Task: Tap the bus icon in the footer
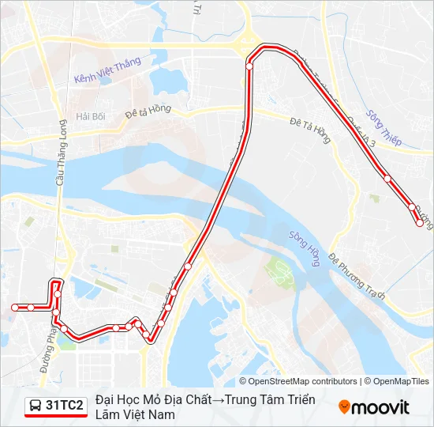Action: point(36,406)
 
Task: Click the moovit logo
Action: point(374,406)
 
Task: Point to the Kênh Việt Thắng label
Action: point(107,71)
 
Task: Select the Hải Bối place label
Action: point(90,116)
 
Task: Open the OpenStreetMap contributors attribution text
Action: point(297,381)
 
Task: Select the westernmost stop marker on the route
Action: point(14,307)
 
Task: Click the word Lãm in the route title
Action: point(108,414)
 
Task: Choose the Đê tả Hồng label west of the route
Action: point(148,113)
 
